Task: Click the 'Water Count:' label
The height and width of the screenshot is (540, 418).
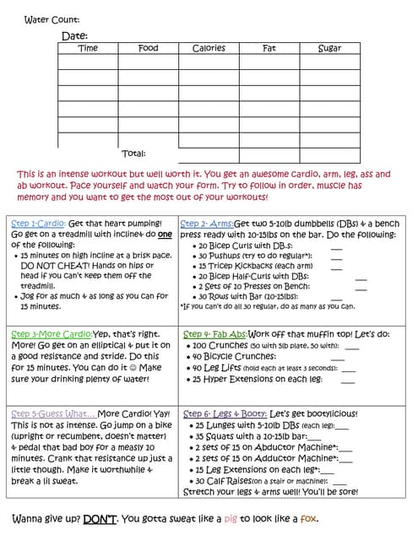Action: pyautogui.click(x=52, y=19)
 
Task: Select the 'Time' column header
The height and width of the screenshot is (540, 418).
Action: pyautogui.click(x=88, y=48)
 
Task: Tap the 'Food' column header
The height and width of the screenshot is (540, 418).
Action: pyautogui.click(x=148, y=48)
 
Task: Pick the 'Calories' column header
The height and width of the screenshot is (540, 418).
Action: pyautogui.click(x=209, y=48)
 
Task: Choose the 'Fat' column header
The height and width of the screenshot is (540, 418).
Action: pyautogui.click(x=269, y=48)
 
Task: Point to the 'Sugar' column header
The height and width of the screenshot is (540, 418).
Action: pyautogui.click(x=329, y=48)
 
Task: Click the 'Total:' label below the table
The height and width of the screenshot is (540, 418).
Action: pyautogui.click(x=133, y=153)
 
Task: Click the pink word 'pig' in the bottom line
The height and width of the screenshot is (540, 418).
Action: pyautogui.click(x=255, y=518)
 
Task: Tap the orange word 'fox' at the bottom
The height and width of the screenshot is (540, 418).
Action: pyautogui.click(x=309, y=518)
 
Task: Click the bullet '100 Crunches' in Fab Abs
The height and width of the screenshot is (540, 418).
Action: pyautogui.click(x=222, y=345)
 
